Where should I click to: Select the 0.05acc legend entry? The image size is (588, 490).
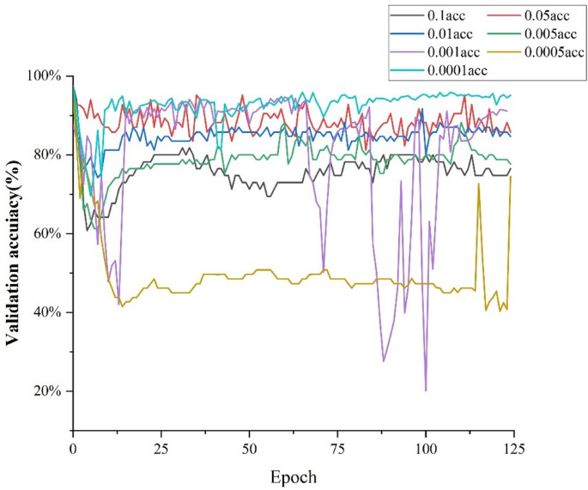(x=541, y=15)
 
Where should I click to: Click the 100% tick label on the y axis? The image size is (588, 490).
(x=45, y=76)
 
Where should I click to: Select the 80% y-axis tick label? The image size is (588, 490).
(x=47, y=154)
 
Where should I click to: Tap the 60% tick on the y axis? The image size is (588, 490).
(x=47, y=233)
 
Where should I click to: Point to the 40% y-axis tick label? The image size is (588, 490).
(x=47, y=312)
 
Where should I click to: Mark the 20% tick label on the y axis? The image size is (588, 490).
(x=47, y=391)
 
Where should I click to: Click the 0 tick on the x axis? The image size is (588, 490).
(x=73, y=448)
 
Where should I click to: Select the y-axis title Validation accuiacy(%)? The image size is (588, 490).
(x=14, y=252)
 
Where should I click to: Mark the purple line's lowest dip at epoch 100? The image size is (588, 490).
(x=426, y=390)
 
